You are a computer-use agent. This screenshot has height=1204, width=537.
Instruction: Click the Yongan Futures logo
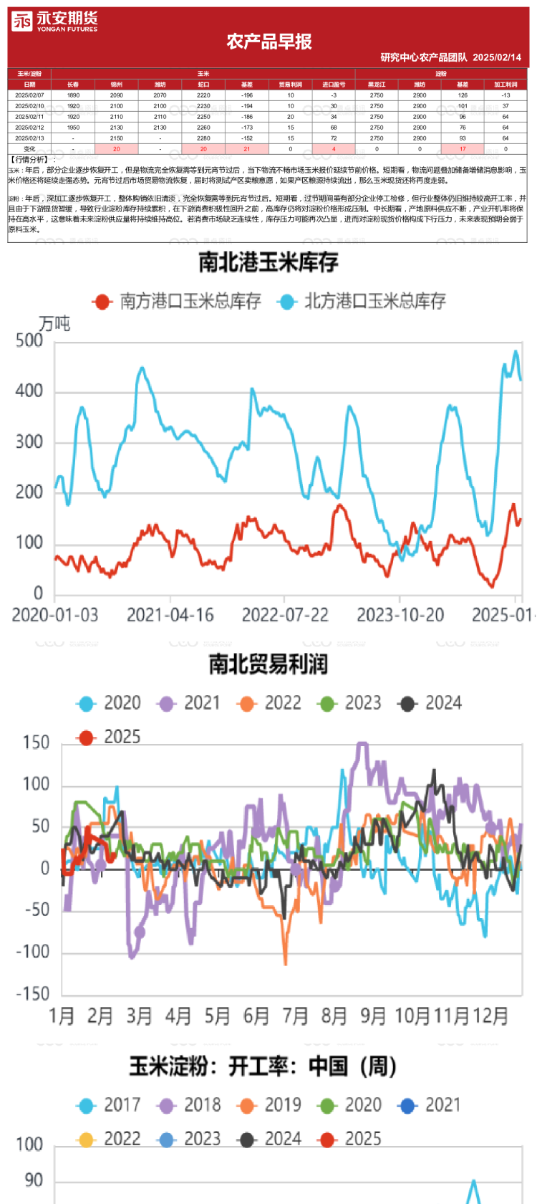pyautogui.click(x=54, y=22)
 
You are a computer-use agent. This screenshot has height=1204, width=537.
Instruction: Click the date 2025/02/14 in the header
pyautogui.click(x=497, y=57)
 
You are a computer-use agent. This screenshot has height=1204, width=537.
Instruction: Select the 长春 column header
pyautogui.click(x=73, y=85)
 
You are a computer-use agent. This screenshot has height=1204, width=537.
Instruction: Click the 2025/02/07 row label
pyautogui.click(x=29, y=95)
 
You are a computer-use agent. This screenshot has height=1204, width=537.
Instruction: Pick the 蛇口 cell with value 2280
pyautogui.click(x=203, y=138)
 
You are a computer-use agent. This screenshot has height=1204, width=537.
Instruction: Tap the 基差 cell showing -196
pyautogui.click(x=247, y=95)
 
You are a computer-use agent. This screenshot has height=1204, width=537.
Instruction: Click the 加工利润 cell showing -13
pyautogui.click(x=505, y=95)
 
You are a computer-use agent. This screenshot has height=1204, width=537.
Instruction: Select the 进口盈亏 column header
pyautogui.click(x=334, y=85)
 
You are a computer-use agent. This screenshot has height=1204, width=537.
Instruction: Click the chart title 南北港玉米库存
pyautogui.click(x=268, y=262)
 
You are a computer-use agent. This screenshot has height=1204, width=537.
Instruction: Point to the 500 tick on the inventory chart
pyautogui.click(x=29, y=341)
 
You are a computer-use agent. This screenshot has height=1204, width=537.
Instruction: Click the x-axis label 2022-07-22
pyautogui.click(x=285, y=615)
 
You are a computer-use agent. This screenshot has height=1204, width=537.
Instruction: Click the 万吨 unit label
pyautogui.click(x=54, y=324)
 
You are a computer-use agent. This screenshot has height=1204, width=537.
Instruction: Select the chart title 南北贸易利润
pyautogui.click(x=268, y=664)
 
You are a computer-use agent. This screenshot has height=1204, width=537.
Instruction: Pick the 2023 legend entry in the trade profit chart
pyautogui.click(x=350, y=703)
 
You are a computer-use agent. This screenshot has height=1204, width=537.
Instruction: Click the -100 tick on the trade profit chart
pyautogui.click(x=33, y=952)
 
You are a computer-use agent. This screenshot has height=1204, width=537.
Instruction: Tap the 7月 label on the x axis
pyautogui.click(x=296, y=1016)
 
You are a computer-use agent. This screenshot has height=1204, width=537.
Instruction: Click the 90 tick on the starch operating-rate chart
pyautogui.click(x=34, y=1180)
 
